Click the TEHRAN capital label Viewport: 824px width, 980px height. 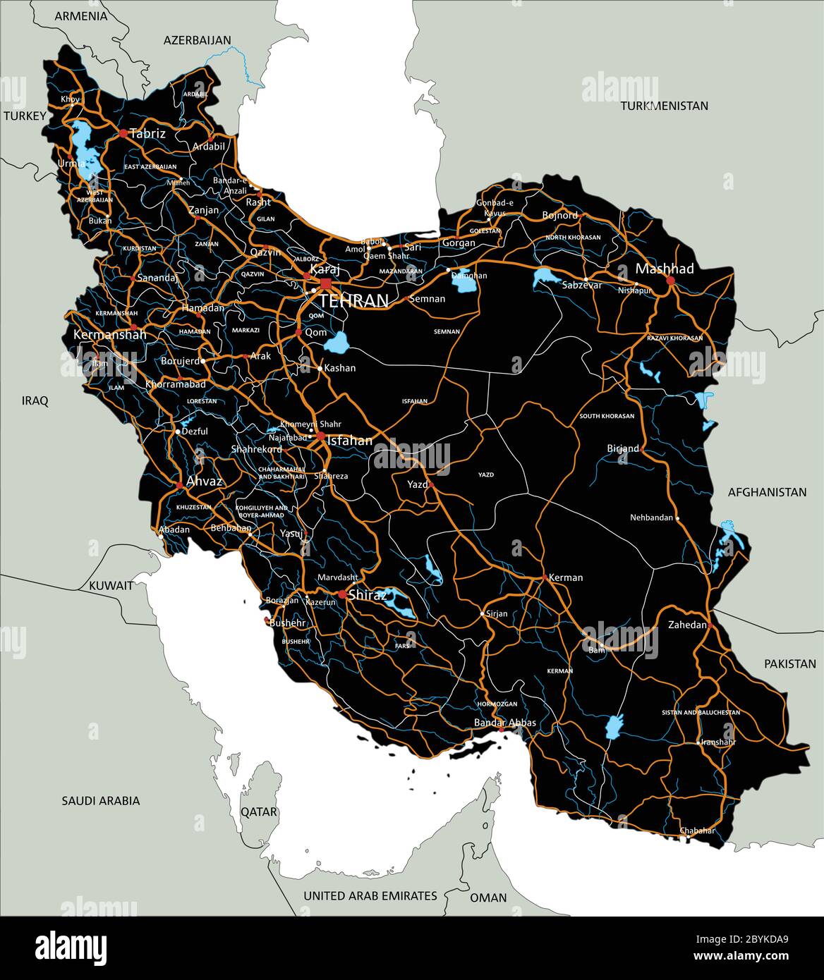353,301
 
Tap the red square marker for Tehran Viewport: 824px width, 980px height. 325,283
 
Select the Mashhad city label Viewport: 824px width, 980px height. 665,269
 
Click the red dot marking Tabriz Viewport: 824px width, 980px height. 123,133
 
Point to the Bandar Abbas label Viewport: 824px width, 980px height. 505,723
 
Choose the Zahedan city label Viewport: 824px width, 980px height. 687,625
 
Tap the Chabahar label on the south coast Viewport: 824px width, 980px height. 697,831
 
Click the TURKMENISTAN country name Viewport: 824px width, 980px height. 664,106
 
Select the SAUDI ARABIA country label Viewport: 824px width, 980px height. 101,800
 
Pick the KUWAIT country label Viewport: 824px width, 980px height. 111,585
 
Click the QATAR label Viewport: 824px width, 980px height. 259,811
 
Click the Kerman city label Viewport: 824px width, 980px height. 566,577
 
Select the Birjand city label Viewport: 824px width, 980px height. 623,448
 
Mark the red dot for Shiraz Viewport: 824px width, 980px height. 342,595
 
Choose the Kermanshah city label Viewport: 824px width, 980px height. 110,334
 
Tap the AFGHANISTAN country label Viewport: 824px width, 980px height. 767,492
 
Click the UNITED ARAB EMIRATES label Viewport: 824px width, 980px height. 370,895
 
